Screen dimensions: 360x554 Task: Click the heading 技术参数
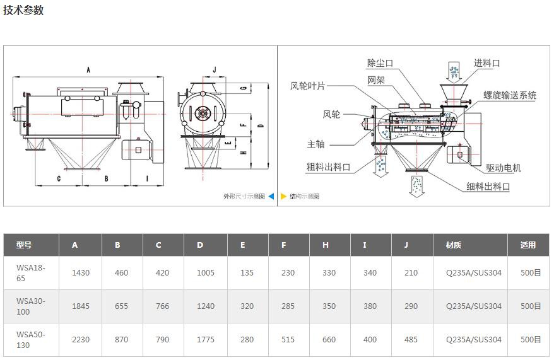[x=23, y=11]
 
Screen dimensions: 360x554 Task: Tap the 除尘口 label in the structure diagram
[x=380, y=63]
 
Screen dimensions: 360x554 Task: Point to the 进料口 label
[x=486, y=63]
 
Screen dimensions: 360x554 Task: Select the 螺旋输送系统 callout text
[x=510, y=95]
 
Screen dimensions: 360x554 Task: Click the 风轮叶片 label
[x=307, y=86]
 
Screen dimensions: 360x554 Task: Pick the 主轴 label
[x=316, y=144]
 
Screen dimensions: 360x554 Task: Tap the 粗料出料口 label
[x=328, y=167]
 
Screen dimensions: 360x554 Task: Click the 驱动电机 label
[x=504, y=168]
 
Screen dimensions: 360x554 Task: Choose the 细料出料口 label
[x=488, y=187]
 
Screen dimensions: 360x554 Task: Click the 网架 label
[x=376, y=80]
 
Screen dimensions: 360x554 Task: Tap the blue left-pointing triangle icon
[x=271, y=196]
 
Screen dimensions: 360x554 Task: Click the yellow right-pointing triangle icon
[x=284, y=196]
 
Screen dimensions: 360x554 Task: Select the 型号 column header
[x=24, y=245]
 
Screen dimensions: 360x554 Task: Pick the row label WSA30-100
[x=31, y=306]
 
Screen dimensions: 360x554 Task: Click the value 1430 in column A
[x=81, y=273]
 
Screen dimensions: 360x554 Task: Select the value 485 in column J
[x=411, y=339]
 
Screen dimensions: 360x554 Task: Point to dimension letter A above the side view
[x=88, y=69]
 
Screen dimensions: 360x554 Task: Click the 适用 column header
[x=528, y=245]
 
